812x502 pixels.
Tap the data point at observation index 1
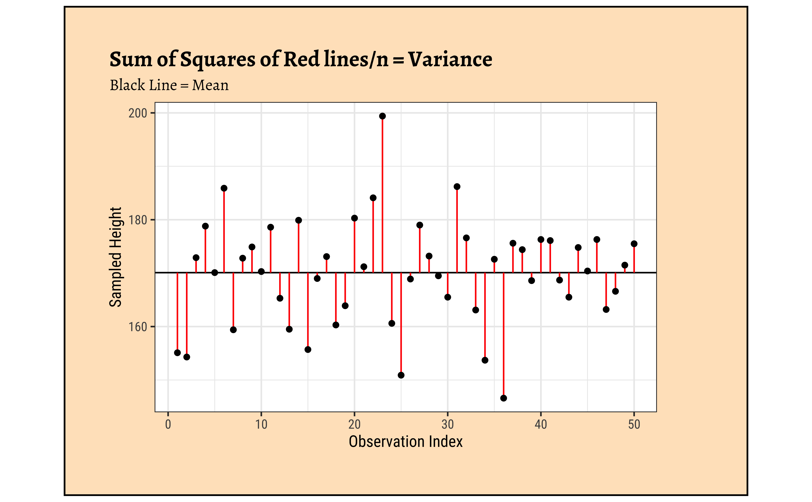point(177,353)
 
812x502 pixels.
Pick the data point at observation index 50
point(634,244)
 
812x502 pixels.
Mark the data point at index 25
point(401,375)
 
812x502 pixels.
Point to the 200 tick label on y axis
point(138,113)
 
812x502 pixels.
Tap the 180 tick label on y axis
point(138,220)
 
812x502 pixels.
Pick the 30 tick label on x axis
point(448,424)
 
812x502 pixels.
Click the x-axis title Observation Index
point(405,442)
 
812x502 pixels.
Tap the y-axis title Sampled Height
point(115,257)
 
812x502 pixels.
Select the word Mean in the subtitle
point(210,85)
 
